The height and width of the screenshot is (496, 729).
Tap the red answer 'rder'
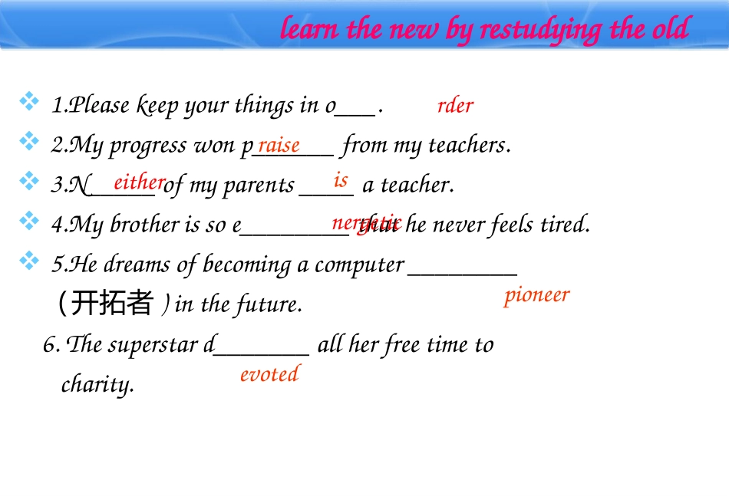(455, 106)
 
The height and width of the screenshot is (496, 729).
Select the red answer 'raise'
(279, 145)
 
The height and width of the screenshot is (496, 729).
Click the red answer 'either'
(139, 182)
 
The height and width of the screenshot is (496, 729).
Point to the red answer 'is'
(341, 181)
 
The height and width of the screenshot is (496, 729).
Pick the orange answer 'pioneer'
(536, 295)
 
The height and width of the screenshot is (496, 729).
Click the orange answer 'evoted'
(269, 374)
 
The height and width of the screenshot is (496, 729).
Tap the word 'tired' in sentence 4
(565, 225)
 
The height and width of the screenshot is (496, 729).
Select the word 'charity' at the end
(97, 384)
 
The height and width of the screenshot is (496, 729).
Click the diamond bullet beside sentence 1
(30, 101)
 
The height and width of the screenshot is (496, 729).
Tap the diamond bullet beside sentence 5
(30, 261)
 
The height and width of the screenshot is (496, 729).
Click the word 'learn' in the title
(311, 30)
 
